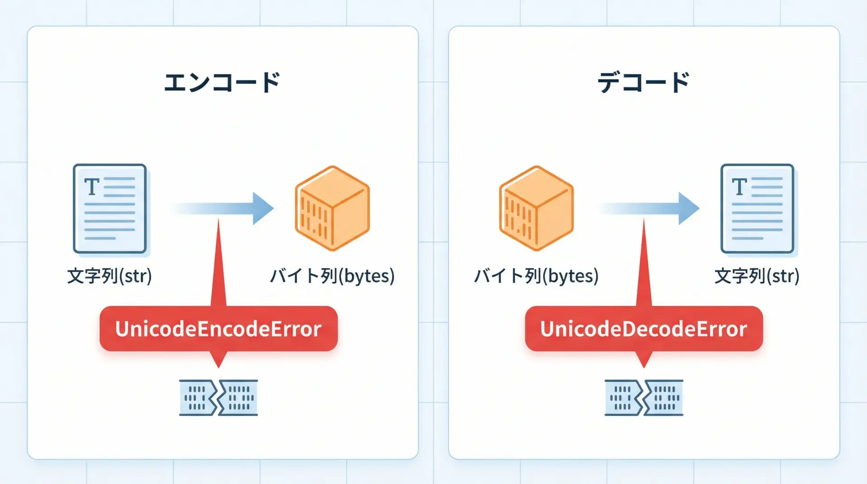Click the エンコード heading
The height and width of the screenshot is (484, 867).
(x=222, y=83)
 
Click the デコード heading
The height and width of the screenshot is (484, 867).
(x=643, y=83)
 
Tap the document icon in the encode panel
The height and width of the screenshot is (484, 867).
(x=110, y=209)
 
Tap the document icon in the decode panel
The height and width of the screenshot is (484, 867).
(x=757, y=209)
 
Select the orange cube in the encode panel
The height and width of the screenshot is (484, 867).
(x=332, y=208)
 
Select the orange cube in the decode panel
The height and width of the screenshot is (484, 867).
(x=536, y=208)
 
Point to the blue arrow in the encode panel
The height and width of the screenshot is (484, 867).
(x=226, y=208)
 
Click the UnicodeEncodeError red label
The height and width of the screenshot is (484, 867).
(x=219, y=329)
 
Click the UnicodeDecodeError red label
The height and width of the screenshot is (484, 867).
(x=643, y=329)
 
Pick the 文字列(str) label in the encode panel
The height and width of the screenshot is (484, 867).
(x=109, y=276)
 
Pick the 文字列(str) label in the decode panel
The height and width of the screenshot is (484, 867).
(x=757, y=276)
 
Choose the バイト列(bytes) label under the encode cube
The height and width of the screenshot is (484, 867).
(x=332, y=276)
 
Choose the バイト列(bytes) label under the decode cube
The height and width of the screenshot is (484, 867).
(x=536, y=276)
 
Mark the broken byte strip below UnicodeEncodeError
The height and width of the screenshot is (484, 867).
(x=219, y=397)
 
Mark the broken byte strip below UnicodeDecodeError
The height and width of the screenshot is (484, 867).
(x=644, y=397)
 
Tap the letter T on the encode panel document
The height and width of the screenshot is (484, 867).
(x=92, y=186)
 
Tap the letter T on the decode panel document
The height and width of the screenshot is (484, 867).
(x=740, y=186)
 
